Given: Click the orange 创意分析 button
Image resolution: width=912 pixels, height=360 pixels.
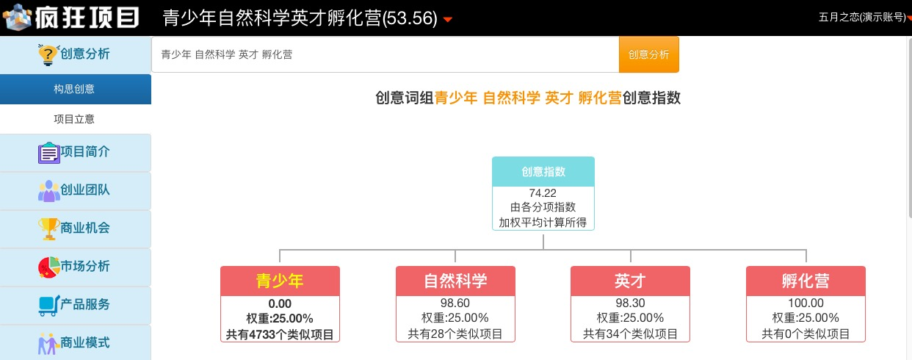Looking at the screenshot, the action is coord(648,54).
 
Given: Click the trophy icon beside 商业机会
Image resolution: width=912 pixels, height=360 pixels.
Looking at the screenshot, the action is coord(48,228).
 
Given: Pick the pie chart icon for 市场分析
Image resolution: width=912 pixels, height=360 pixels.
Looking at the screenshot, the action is coord(48,267).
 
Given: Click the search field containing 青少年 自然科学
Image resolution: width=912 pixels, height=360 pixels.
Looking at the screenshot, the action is coord(386,54).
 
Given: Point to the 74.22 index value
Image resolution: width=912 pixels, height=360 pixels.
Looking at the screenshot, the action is coord(543,193).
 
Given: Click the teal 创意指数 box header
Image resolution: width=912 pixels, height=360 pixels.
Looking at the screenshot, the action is coord(543,171).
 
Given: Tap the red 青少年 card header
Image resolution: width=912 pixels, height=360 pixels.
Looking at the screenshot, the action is coord(280,281).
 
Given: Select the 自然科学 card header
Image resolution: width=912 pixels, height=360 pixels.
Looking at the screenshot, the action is coord(455,281).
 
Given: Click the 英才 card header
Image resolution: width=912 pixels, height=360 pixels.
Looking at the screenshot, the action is coord(630,281).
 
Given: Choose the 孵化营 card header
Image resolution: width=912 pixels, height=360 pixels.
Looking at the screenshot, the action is coord(806,281).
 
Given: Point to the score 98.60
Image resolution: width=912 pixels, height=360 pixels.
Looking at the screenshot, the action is coord(455,303).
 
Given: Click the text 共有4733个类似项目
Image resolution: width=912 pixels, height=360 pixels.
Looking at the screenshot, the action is coord(280,334).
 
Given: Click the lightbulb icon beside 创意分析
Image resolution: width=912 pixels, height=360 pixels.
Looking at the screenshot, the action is coord(48,54).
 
